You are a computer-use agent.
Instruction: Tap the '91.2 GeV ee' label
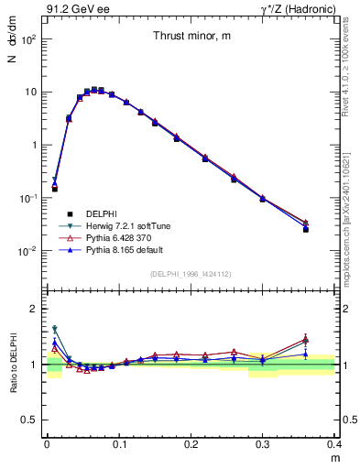point(73,10)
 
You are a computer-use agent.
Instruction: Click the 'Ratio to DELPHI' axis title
point(14,364)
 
